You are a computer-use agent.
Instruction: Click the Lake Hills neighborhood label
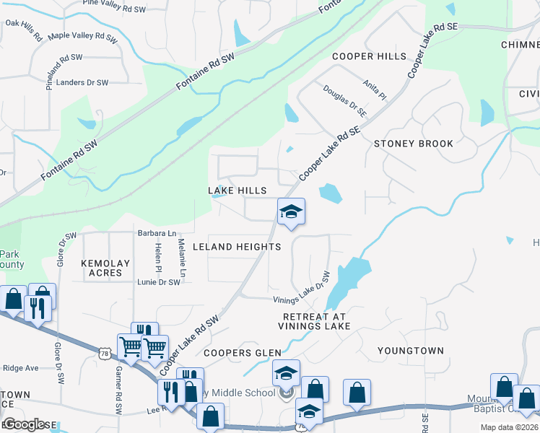238,191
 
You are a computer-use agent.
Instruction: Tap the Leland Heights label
237,247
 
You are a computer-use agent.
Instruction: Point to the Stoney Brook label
414,144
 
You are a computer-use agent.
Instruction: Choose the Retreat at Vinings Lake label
314,322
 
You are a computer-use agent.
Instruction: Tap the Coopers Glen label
242,353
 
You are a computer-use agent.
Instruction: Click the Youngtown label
411,351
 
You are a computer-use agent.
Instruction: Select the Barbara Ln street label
157,233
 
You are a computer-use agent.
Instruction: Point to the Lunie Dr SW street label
158,282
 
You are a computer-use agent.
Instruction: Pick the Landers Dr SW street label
82,82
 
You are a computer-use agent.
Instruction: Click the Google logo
25,424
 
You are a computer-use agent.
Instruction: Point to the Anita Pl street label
375,89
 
